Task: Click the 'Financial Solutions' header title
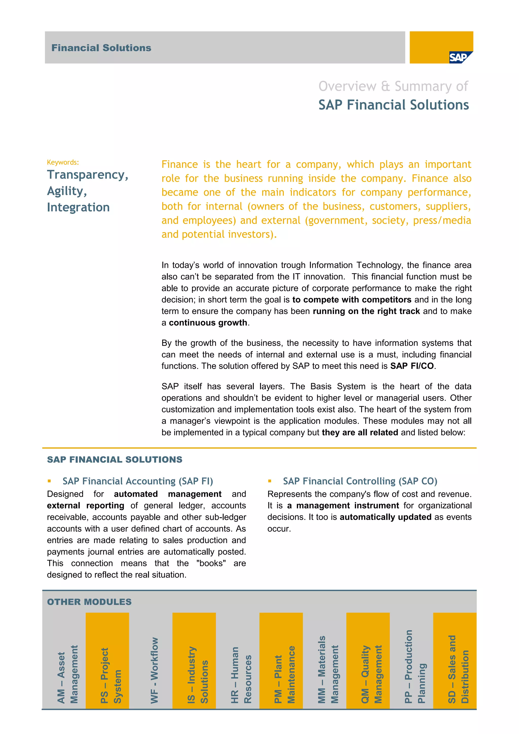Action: [101, 48]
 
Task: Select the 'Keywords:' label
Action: [63, 162]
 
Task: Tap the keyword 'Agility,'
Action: [67, 191]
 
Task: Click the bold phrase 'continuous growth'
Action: [208, 323]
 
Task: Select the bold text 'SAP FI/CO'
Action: [412, 366]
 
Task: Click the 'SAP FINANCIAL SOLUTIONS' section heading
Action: [114, 460]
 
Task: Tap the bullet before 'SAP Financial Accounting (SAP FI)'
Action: [49, 481]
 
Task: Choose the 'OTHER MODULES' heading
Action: [89, 602]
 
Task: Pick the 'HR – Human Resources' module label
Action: [241, 674]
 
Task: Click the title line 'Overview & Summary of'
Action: [393, 86]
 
